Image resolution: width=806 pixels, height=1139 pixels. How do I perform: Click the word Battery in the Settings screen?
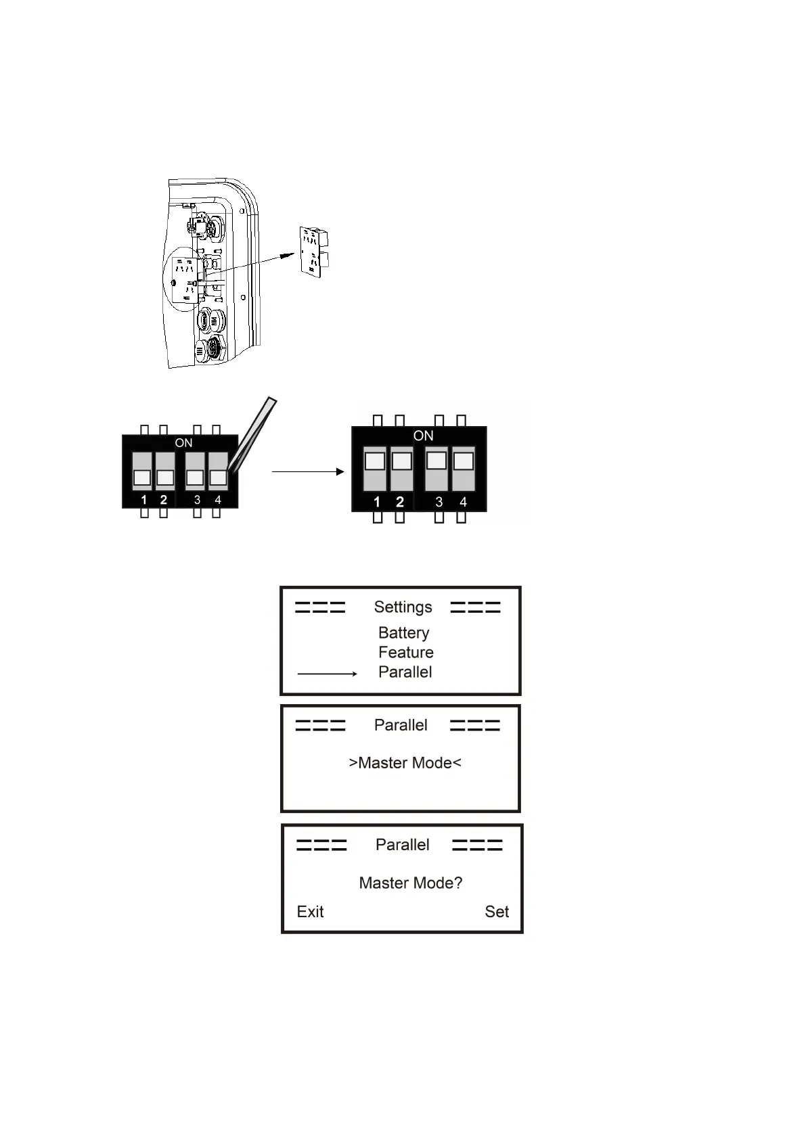(403, 632)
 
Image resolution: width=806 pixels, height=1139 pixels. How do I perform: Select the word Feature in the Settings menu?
(405, 652)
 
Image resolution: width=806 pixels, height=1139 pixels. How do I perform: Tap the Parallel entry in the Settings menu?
(405, 672)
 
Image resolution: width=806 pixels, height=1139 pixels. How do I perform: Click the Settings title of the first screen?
(403, 607)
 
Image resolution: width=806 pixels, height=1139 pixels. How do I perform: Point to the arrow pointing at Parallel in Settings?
(328, 674)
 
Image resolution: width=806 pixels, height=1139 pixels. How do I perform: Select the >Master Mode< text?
(405, 763)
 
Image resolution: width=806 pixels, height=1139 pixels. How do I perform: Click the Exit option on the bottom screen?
(310, 912)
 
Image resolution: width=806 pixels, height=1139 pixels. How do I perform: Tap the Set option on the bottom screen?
(496, 912)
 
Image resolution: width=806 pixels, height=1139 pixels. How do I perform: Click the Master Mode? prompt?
(410, 883)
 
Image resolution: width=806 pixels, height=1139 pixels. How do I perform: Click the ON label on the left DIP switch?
(183, 443)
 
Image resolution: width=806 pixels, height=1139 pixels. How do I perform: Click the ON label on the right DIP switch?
(423, 436)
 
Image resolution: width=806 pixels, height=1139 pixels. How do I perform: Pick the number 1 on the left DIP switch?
(143, 500)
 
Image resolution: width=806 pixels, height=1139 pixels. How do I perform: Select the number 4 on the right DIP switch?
(463, 502)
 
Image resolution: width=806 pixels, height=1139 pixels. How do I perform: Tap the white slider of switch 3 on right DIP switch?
(436, 460)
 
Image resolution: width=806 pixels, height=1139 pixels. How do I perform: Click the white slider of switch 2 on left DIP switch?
(165, 478)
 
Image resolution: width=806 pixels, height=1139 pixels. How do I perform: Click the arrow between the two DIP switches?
(308, 471)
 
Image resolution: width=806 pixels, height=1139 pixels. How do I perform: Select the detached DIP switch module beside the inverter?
(313, 252)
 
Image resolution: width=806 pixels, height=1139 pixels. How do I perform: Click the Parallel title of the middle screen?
(401, 725)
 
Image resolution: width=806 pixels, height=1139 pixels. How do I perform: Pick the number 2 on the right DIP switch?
(400, 502)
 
